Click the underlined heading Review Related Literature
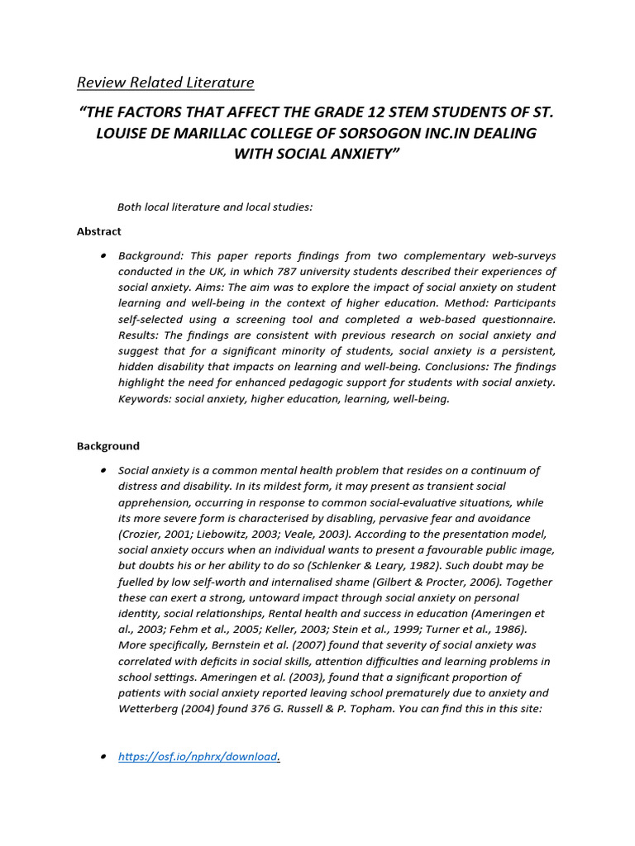click(165, 83)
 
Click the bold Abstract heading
click(99, 231)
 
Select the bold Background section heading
click(108, 446)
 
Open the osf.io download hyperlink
click(198, 757)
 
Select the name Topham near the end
click(358, 709)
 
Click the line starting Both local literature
click(215, 207)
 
